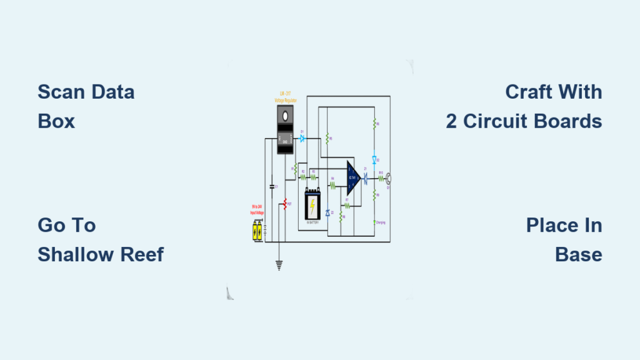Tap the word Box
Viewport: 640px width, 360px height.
(56, 121)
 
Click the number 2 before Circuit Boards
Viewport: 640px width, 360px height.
(451, 121)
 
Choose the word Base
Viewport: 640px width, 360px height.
(578, 254)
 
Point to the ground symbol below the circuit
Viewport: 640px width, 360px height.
(279, 265)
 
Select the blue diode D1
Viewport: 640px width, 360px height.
(302, 139)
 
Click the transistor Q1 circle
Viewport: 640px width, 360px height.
(388, 178)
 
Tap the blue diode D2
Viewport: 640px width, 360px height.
(374, 160)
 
